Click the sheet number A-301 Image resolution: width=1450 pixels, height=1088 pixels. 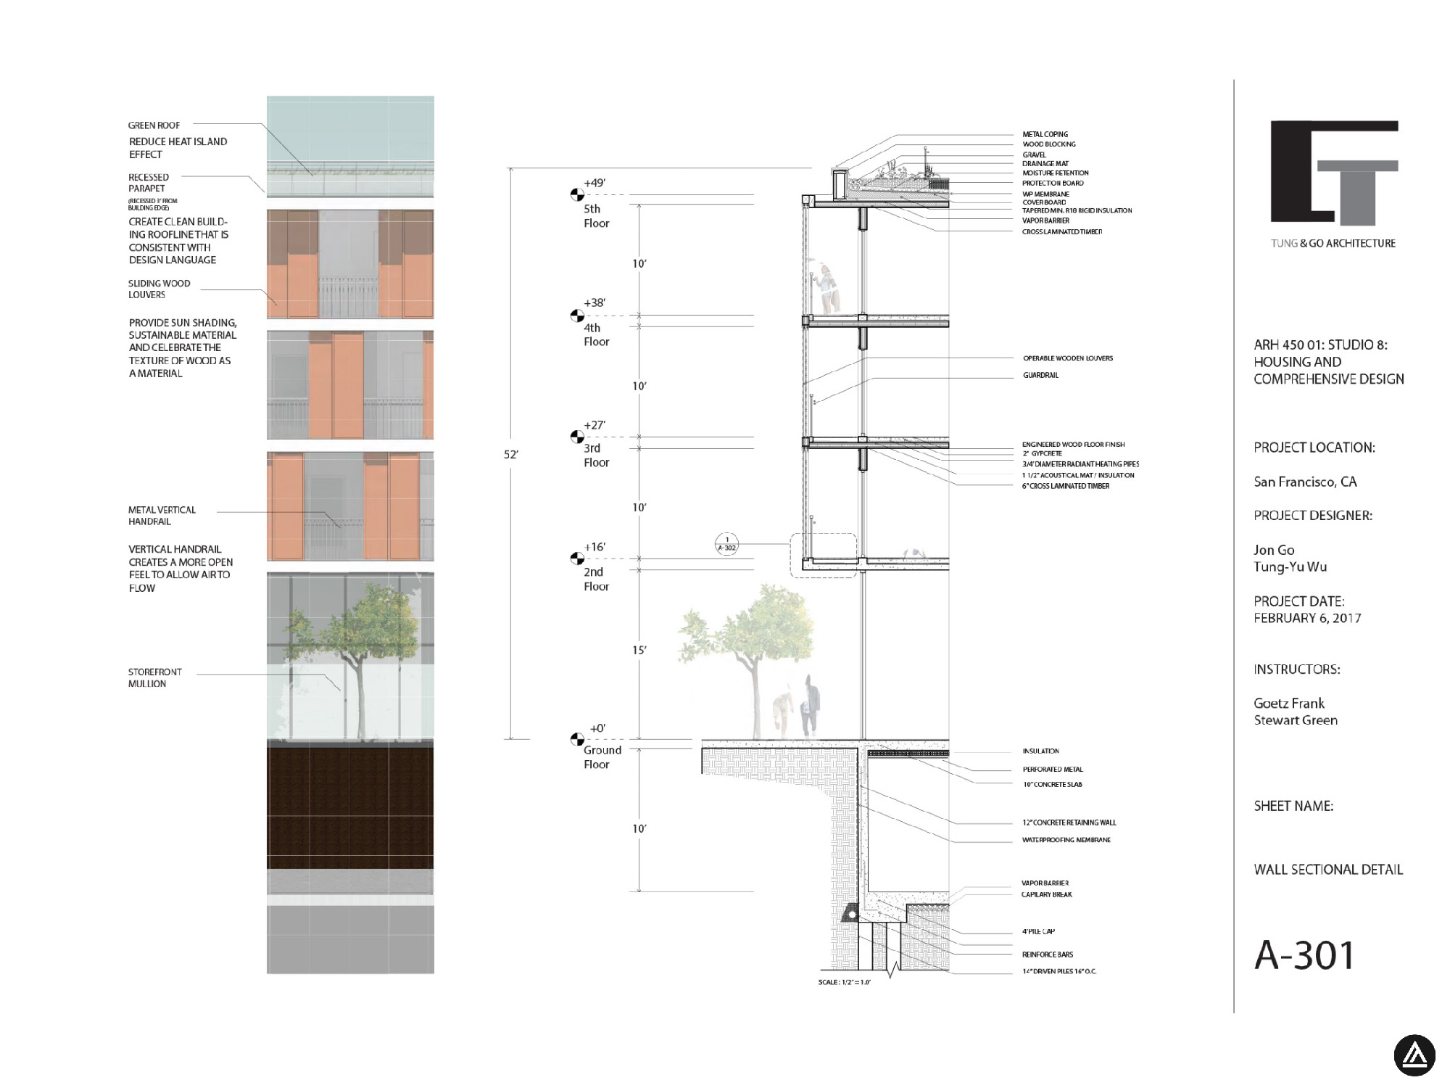point(1304,955)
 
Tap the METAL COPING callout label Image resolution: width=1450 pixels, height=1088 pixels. point(1045,134)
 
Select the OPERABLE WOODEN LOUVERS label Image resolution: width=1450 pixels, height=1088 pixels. point(1067,358)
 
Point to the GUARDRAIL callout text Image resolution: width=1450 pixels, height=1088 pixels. point(1040,375)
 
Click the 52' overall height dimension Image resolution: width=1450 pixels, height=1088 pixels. point(511,455)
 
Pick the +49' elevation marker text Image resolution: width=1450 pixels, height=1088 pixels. point(594,183)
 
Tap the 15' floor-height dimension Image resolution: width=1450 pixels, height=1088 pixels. point(639,650)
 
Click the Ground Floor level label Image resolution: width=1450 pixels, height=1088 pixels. point(602,757)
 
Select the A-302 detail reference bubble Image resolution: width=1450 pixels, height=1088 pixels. point(726,544)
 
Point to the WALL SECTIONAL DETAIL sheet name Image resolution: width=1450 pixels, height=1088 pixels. point(1328,869)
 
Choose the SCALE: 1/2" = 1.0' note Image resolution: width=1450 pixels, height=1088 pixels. point(844,982)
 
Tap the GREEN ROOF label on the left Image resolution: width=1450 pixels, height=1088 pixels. point(154,125)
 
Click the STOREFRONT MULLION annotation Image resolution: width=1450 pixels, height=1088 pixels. point(154,677)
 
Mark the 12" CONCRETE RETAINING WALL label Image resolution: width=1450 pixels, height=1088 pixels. point(1069,823)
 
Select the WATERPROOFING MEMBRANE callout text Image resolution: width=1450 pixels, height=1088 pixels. point(1066,840)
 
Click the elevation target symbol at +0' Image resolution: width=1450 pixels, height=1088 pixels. point(577,739)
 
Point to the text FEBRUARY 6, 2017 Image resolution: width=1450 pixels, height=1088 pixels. point(1307,618)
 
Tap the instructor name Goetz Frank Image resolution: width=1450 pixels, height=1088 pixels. point(1289,703)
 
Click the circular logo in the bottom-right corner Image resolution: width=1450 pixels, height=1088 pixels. point(1414,1055)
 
